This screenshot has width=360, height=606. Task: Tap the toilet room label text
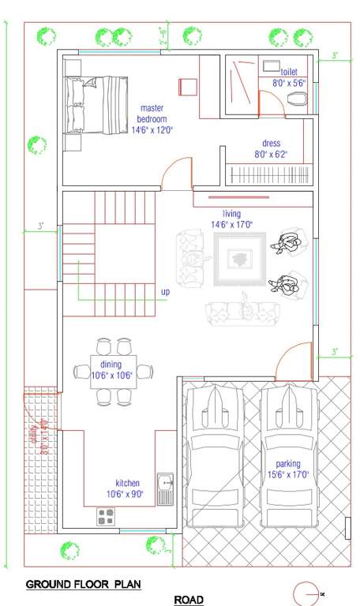coord(288,71)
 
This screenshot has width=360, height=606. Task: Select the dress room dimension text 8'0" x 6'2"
coord(271,155)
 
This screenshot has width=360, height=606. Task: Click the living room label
coord(231,214)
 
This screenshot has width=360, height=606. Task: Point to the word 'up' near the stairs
coord(165,292)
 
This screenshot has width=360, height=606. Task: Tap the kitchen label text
coord(127,483)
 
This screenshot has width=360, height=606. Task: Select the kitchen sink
coord(166,489)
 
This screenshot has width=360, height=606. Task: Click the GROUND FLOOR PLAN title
coord(83,585)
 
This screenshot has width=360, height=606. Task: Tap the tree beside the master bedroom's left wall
coord(36,144)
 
